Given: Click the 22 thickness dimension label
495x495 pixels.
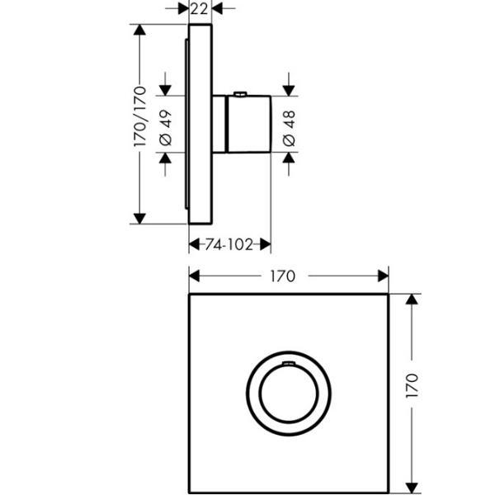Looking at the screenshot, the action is tap(199, 9).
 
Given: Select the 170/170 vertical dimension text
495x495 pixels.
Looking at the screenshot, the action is tap(140, 116).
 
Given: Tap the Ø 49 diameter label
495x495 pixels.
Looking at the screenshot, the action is tap(166, 128).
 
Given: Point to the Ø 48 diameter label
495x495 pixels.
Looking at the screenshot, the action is tap(290, 129).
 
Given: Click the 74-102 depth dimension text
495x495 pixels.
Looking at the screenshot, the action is tap(229, 244).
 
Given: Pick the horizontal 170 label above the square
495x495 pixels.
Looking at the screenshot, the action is tap(282, 276).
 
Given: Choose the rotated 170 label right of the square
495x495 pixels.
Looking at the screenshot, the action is tap(412, 385).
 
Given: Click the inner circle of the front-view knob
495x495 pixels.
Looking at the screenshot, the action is tap(289, 394).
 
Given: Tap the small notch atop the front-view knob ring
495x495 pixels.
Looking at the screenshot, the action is tap(289, 363).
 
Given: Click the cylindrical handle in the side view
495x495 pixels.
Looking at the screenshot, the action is tap(248, 124).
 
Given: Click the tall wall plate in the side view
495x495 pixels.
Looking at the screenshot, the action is tap(200, 124).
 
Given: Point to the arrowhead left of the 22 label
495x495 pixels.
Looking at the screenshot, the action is tap(183, 9).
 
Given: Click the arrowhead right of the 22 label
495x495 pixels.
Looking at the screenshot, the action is tap(217, 9).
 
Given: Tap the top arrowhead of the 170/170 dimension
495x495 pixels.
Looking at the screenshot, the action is tap(139, 30).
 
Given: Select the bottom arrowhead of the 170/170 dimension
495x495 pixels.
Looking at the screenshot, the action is tap(139, 219).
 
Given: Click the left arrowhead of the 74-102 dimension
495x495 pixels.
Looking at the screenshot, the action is tap(194, 244).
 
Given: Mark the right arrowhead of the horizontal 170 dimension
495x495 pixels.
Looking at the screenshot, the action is tap(384, 276).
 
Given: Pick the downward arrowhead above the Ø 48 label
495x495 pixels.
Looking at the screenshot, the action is tap(289, 91).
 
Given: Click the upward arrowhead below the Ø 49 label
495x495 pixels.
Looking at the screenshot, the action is tap(165, 158).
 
